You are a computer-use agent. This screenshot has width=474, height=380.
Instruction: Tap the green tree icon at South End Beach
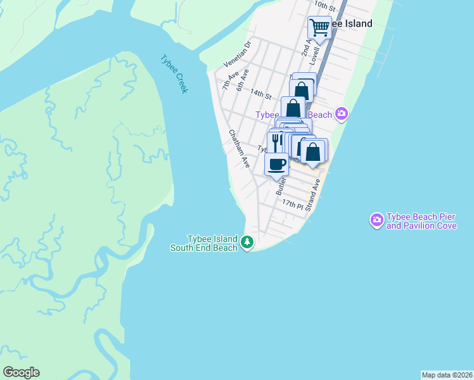247,242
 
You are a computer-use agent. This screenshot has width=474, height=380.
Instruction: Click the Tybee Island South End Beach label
203,243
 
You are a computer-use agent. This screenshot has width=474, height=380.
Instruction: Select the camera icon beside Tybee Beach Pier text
377,220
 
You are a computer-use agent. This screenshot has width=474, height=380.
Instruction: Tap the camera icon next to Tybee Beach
342,114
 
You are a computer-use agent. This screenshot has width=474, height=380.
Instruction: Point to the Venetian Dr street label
238,54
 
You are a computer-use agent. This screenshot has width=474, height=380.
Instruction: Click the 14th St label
260,94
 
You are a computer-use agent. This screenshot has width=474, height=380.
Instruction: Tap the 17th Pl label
293,204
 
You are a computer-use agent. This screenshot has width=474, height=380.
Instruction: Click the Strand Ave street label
313,195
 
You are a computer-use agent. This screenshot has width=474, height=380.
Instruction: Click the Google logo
21,372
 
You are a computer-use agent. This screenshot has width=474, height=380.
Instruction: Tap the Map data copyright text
447,375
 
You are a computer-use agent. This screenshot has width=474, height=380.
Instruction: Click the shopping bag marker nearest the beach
312,153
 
